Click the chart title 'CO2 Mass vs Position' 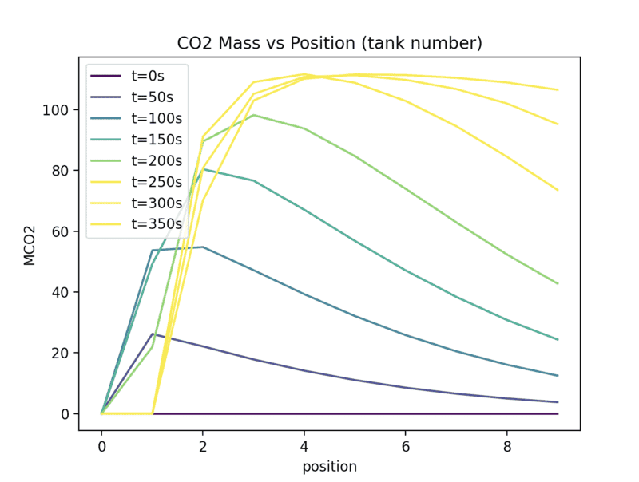[329, 42]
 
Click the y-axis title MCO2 [30, 244]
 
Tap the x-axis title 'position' [329, 466]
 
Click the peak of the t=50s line [152, 334]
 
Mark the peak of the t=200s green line [253, 115]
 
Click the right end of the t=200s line [558, 284]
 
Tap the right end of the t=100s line [558, 376]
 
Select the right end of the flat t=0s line [558, 413]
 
